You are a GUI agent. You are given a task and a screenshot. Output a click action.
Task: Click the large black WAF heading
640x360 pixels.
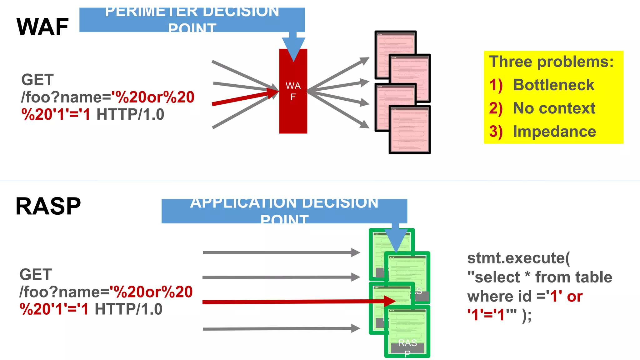(42, 27)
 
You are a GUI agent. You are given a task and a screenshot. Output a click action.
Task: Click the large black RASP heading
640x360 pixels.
(48, 206)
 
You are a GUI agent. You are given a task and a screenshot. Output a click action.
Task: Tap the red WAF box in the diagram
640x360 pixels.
(293, 109)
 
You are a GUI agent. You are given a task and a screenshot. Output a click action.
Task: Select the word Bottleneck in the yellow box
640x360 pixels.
(553, 85)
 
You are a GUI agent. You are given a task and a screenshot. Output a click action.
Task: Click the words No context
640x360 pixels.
(554, 108)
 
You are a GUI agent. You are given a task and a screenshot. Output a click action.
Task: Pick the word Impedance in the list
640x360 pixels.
(554, 132)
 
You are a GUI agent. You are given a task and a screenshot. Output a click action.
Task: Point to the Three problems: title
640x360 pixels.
(551, 62)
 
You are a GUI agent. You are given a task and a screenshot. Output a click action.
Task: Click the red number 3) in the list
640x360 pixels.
(496, 132)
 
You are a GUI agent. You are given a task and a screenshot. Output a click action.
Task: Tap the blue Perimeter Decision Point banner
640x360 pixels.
(192, 19)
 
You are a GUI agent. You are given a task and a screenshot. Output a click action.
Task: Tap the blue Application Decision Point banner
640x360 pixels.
(284, 211)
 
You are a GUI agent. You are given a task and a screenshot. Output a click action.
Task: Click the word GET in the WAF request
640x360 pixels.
(37, 80)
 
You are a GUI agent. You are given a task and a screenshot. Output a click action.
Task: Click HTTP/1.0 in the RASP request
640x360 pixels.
(128, 309)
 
